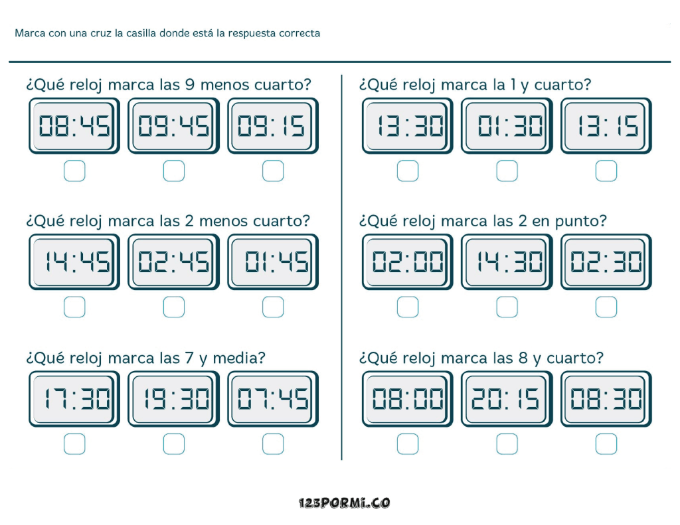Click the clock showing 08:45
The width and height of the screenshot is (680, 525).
[74, 125]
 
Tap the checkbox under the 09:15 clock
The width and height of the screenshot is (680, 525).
[273, 171]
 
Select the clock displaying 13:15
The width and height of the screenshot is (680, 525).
[606, 125]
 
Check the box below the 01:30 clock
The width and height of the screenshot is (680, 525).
[507, 171]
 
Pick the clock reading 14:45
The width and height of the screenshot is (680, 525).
[74, 262]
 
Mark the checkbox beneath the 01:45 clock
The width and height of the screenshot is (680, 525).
[273, 307]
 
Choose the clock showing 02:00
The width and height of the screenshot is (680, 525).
[407, 262]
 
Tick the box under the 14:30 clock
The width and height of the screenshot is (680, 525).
[507, 307]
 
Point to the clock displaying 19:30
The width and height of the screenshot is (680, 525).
[173, 399]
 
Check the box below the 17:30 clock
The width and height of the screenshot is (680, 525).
[74, 444]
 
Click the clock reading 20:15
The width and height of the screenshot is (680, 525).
[507, 399]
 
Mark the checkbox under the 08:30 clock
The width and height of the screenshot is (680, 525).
[606, 444]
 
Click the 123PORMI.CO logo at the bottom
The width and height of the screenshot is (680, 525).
[344, 503]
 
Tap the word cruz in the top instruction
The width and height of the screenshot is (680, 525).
[101, 33]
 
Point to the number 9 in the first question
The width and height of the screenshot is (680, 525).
[189, 84]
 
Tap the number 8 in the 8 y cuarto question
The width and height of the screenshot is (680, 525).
[523, 358]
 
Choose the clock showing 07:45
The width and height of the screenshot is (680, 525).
[273, 399]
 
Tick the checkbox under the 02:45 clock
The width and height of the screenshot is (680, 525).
[173, 307]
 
